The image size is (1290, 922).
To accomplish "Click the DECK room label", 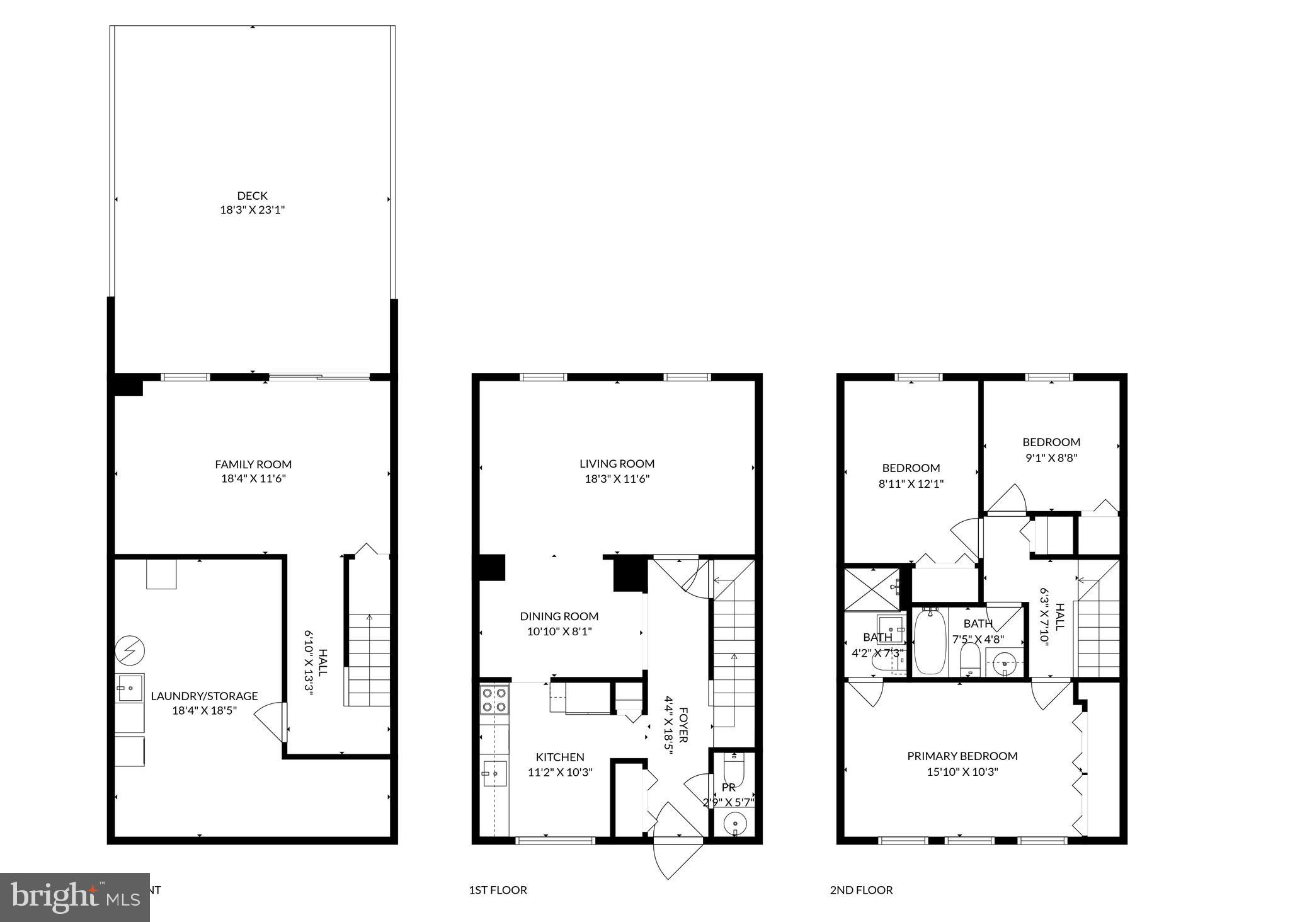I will point(252,196).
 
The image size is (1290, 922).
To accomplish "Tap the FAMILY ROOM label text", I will point(253,464).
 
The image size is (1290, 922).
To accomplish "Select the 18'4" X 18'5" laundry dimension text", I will point(205,710).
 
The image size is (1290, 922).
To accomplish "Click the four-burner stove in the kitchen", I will point(494,700).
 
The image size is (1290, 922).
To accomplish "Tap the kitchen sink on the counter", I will point(494,773).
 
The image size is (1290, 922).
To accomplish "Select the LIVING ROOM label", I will point(617,464).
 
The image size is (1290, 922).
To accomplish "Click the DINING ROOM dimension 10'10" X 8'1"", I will point(559,631).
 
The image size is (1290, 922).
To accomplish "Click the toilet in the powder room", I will point(734,769).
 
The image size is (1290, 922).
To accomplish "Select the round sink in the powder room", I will point(734,822).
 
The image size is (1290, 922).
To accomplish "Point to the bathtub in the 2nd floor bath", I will point(930,641).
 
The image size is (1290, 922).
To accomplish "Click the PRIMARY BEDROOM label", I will point(962,756).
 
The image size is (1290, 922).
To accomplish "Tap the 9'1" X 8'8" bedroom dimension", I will point(1051,458).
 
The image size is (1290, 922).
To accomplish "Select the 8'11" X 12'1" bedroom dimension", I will point(911,484).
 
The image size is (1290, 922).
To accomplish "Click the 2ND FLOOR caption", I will point(861,890).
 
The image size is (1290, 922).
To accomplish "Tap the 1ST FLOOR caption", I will point(498,890).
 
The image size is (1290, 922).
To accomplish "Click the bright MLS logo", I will point(74,896).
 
